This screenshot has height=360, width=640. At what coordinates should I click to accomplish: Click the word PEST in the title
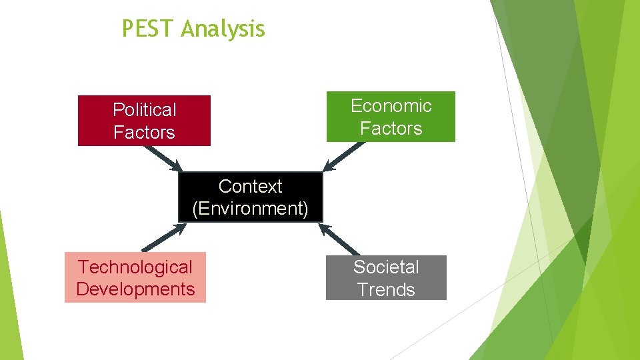click(148, 29)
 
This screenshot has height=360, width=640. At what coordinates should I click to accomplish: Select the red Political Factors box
click(144, 121)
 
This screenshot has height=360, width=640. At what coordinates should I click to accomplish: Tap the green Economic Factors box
click(391, 117)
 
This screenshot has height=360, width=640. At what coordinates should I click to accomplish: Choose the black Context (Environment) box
click(251, 197)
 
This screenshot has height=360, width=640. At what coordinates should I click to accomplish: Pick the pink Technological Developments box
click(135, 277)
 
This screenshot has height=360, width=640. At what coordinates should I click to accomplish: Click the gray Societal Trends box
click(386, 278)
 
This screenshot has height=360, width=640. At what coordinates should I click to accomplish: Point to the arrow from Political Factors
click(163, 158)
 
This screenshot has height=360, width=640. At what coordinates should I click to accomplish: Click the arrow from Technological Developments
click(163, 237)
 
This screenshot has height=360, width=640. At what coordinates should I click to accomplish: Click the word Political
click(145, 109)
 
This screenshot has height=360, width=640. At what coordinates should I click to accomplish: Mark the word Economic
click(391, 105)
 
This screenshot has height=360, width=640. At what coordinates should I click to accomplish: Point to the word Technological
click(135, 267)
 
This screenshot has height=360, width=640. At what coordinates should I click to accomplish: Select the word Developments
click(135, 289)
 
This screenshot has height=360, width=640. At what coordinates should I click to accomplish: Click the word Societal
click(386, 267)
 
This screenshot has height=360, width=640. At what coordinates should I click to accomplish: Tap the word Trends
click(386, 289)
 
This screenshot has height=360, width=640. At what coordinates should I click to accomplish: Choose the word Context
click(251, 186)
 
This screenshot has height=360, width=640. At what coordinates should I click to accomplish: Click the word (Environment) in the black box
click(251, 209)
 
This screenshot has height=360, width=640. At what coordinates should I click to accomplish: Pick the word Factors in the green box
click(391, 128)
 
